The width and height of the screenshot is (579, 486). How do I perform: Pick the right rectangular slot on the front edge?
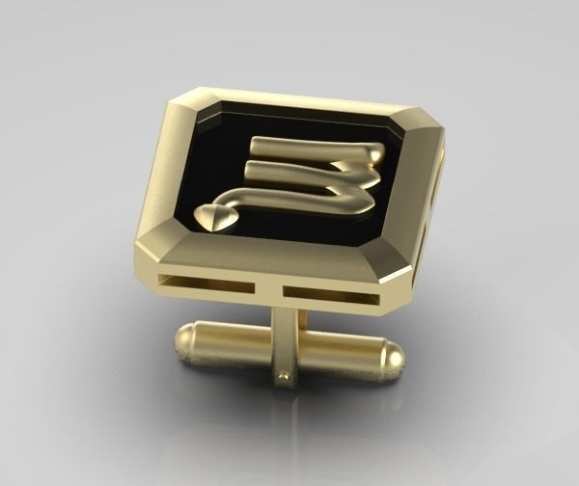328,292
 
